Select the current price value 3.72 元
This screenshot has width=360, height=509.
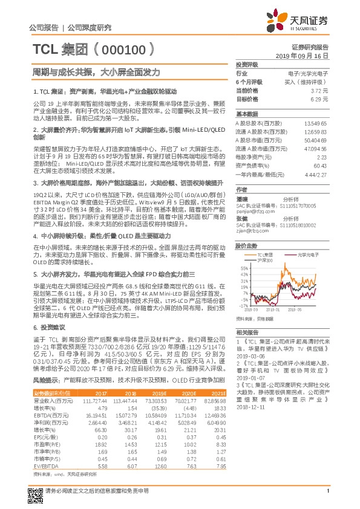(x=318, y=89)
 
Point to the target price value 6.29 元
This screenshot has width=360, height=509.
(x=318, y=98)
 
